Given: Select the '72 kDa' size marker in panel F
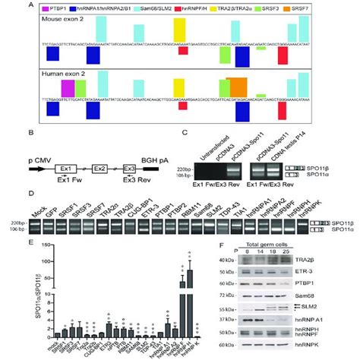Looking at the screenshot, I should click(x=240, y=292).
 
